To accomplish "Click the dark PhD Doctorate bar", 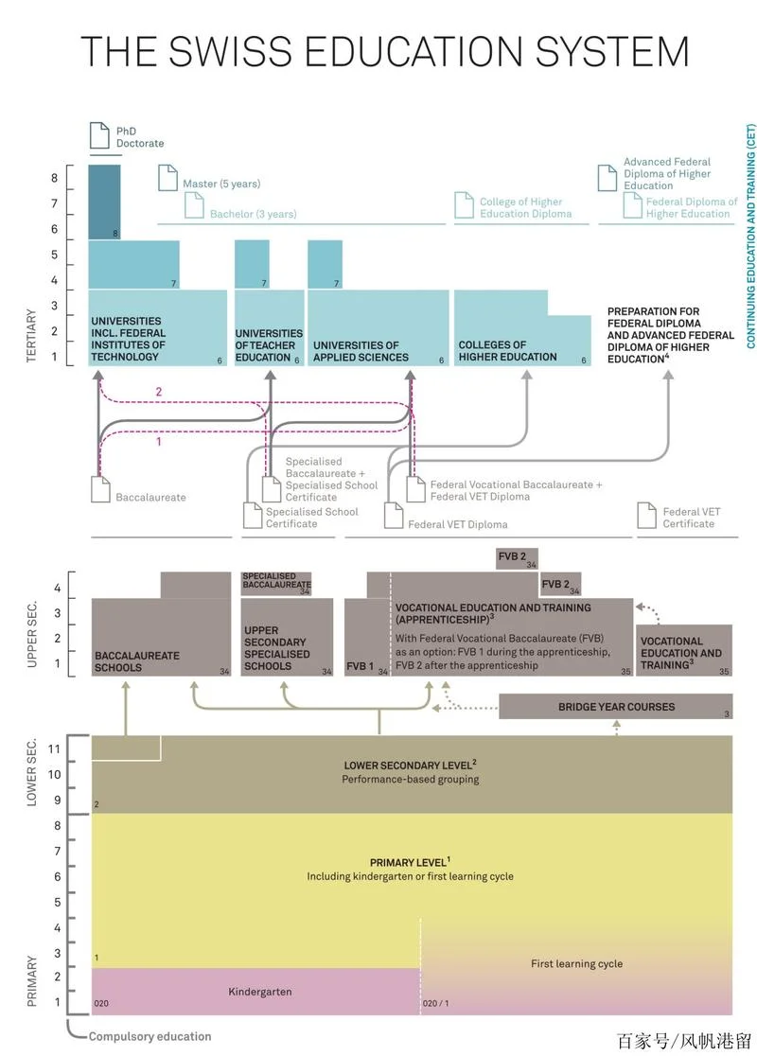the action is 104,202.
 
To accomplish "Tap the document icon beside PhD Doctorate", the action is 99,135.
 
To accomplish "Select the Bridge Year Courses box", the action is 616,707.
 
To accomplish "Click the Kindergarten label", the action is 260,992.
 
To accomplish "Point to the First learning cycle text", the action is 576,963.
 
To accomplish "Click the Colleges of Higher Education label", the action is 508,350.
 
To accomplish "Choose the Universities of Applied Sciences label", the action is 361,351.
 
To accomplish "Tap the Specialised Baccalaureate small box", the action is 277,583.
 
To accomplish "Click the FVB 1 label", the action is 360,666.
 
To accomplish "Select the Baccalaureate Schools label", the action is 137,661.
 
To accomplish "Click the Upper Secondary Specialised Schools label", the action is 277,648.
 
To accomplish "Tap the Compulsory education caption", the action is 150,1036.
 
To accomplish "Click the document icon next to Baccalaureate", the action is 101,489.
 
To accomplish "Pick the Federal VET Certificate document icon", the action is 646,516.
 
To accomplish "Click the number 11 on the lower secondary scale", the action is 54,748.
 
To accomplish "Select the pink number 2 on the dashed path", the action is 159,392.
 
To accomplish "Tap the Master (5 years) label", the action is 221,184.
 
